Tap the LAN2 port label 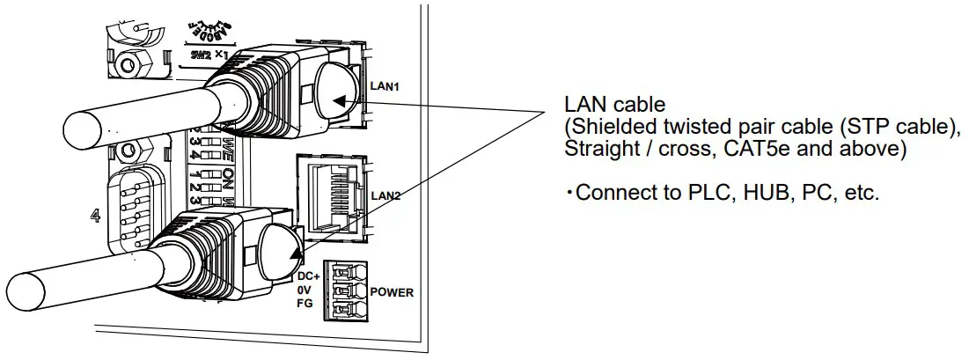385,195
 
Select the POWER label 392,292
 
